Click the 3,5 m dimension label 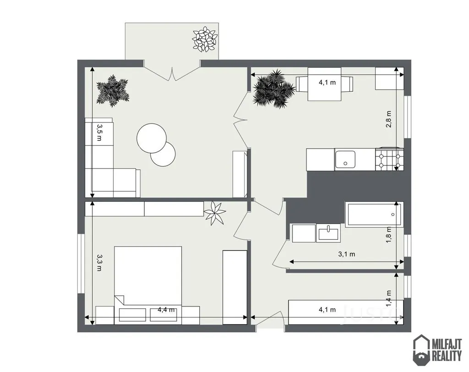click(99, 133)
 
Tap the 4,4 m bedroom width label click(166, 310)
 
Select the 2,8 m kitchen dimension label click(388, 119)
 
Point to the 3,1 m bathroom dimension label click(347, 254)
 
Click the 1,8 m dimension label click(388, 234)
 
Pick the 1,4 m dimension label click(388, 298)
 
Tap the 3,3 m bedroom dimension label click(99, 263)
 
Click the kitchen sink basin click(345, 159)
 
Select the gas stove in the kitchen click(389, 159)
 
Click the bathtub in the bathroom click(374, 215)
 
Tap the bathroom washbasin click(328, 233)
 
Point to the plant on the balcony click(205, 39)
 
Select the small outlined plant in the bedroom click(214, 213)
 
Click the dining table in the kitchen click(325, 84)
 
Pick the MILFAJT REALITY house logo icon click(421, 350)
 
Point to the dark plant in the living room click(113, 91)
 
